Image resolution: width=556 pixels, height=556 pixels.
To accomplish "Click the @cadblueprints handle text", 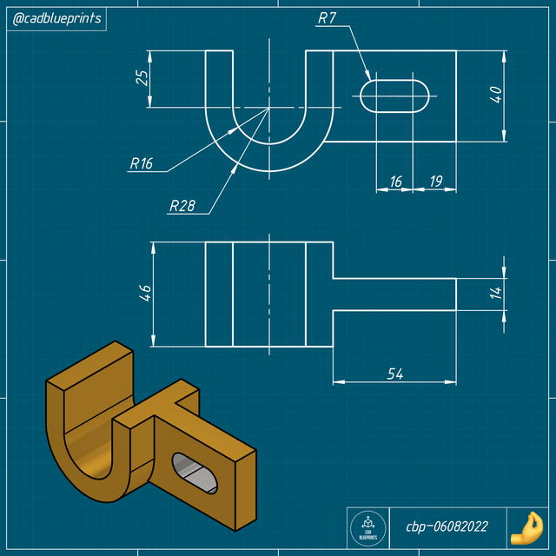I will coord(56,18).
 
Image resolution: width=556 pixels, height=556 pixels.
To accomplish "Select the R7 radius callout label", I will coord(328,17).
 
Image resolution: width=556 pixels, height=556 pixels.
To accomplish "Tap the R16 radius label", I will coord(141,162).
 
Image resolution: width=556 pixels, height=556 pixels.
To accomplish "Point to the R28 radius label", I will coord(182,206).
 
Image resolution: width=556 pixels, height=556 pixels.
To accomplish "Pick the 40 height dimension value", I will coord(496,95).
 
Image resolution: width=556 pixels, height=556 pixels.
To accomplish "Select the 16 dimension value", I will coord(395,181).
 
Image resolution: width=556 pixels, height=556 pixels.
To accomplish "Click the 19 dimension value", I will coord(435,181).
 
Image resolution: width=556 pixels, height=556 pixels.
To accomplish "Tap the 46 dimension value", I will coord(145,293).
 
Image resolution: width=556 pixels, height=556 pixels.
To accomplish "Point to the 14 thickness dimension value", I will coord(496,293).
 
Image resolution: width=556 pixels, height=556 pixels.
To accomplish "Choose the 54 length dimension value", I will coord(395,373).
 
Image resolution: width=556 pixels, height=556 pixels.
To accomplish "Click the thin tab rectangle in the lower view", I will coord(395,293).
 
